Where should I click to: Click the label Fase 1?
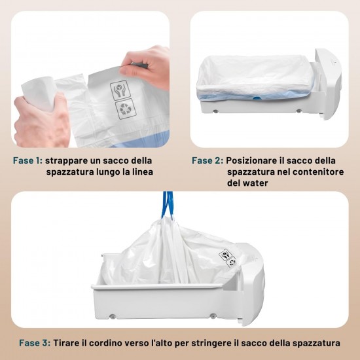pos(27,160)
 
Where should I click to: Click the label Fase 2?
pos(207,160)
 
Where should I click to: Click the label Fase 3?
pos(35,343)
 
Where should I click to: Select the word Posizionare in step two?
pos(251,160)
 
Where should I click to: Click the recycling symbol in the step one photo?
pos(126,109)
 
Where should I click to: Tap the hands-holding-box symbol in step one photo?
pos(120,90)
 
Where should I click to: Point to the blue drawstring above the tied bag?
pos(168,205)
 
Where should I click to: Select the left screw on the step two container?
pos(215,111)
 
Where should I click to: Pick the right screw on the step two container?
pos(298,111)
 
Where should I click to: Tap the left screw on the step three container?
pos(112,317)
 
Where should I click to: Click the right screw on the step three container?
pos(213,315)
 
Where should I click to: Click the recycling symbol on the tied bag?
pos(232,262)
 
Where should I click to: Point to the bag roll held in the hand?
pos(39,94)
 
